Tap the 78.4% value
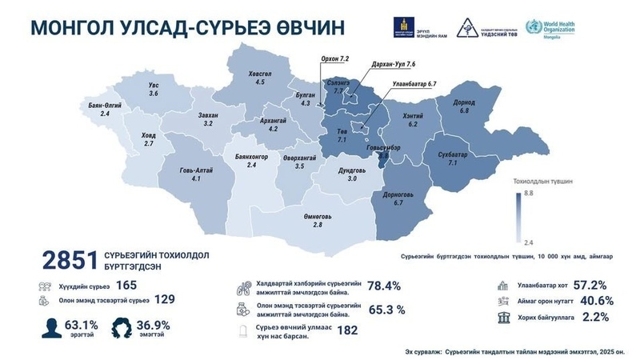383,286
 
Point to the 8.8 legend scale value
529,194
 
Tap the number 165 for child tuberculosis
126,284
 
